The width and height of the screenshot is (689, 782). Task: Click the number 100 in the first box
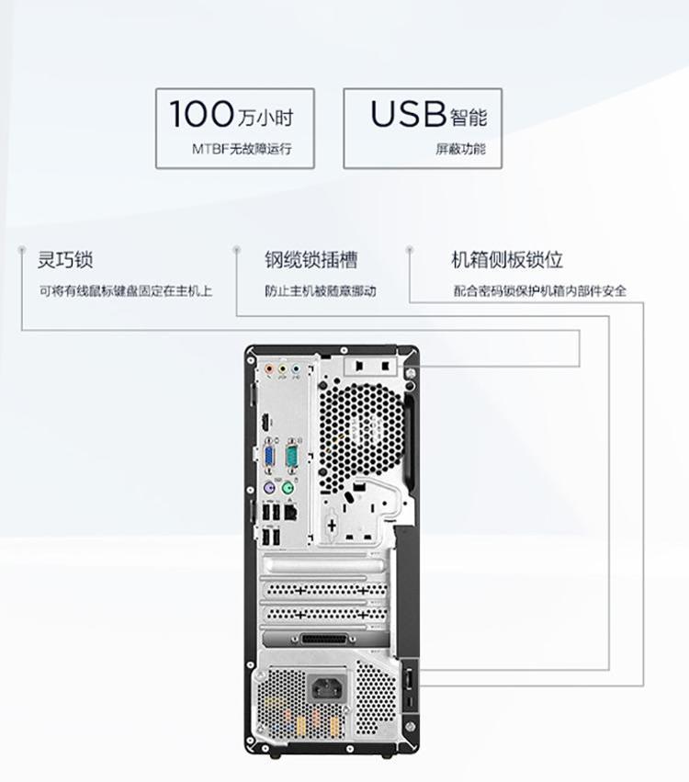[x=201, y=113]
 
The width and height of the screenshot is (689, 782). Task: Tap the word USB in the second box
[x=408, y=113]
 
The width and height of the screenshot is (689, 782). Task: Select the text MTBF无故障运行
[x=242, y=149]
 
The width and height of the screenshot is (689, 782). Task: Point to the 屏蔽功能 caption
[x=460, y=149]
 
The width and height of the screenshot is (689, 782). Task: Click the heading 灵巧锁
[x=65, y=260]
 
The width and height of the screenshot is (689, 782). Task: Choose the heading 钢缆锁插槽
[x=311, y=260]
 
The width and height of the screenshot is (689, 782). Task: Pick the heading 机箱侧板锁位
[x=507, y=260]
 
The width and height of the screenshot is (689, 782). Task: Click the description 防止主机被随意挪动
[x=321, y=290]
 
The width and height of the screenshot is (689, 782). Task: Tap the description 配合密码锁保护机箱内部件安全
[x=539, y=290]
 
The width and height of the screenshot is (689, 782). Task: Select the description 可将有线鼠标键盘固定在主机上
[x=126, y=290]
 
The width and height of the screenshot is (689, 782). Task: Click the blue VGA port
[x=270, y=457]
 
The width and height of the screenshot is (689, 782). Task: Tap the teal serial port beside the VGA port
[x=291, y=456]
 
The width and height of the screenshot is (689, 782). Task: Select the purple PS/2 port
[x=269, y=487]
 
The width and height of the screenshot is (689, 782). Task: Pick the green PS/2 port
[x=288, y=487]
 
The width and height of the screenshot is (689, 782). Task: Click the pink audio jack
[x=270, y=369]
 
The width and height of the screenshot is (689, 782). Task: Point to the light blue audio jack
[x=296, y=369]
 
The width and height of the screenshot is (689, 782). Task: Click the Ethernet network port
[x=290, y=511]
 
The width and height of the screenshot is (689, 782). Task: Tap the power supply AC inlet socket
[x=328, y=689]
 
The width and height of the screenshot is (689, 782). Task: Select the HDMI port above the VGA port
[x=265, y=423]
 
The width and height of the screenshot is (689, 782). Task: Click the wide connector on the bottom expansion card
[x=324, y=640]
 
